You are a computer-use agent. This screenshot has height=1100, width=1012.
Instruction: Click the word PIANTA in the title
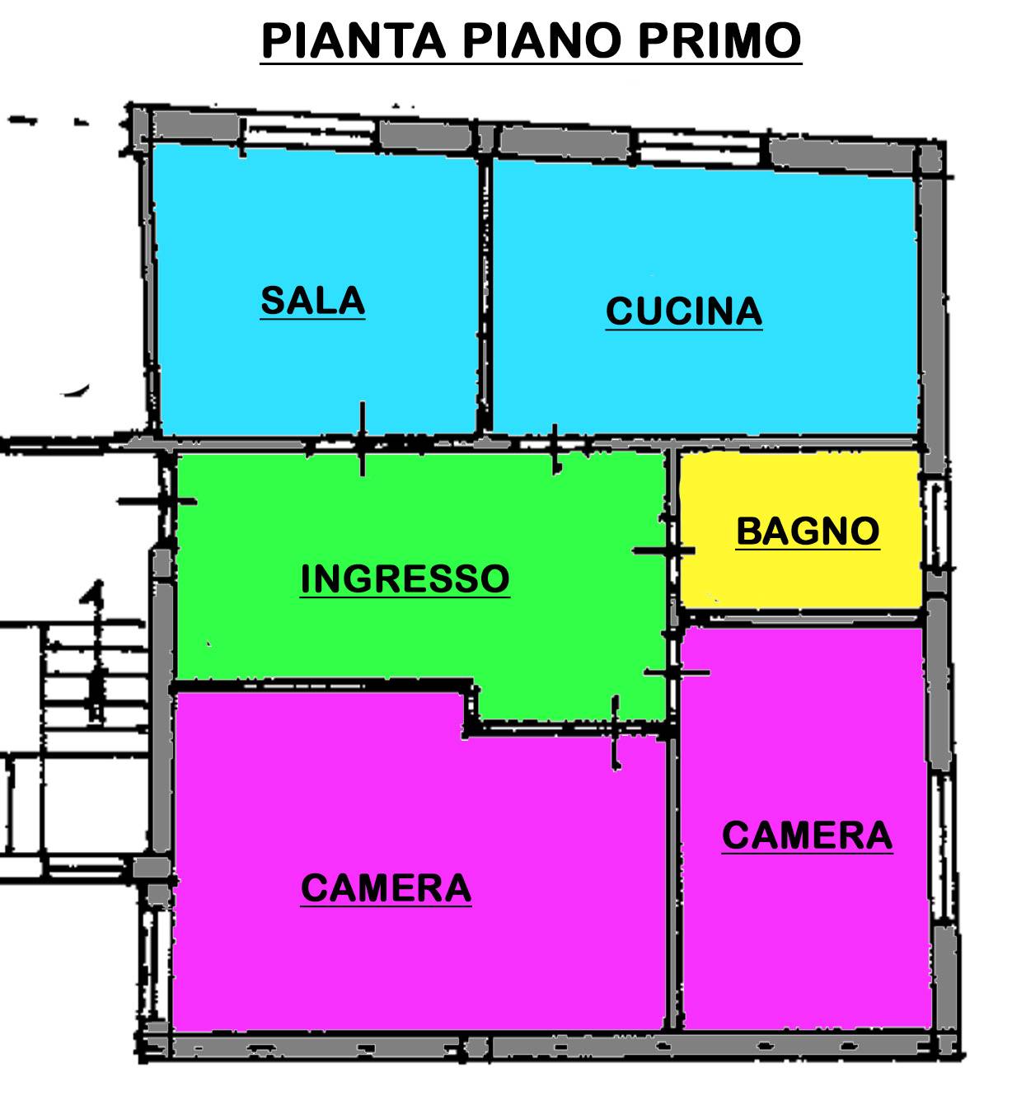coord(353,40)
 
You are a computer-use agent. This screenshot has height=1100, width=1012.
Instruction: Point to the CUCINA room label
coord(683,311)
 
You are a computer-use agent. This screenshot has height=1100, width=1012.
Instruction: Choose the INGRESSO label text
coord(405,578)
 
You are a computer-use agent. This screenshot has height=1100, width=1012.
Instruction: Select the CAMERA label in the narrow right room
coord(807,836)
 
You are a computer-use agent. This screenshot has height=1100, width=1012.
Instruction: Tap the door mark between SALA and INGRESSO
coord(362,438)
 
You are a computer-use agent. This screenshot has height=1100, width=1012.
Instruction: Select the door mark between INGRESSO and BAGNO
coord(663,550)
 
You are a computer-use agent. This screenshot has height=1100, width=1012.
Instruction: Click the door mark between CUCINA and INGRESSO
coord(555,448)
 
